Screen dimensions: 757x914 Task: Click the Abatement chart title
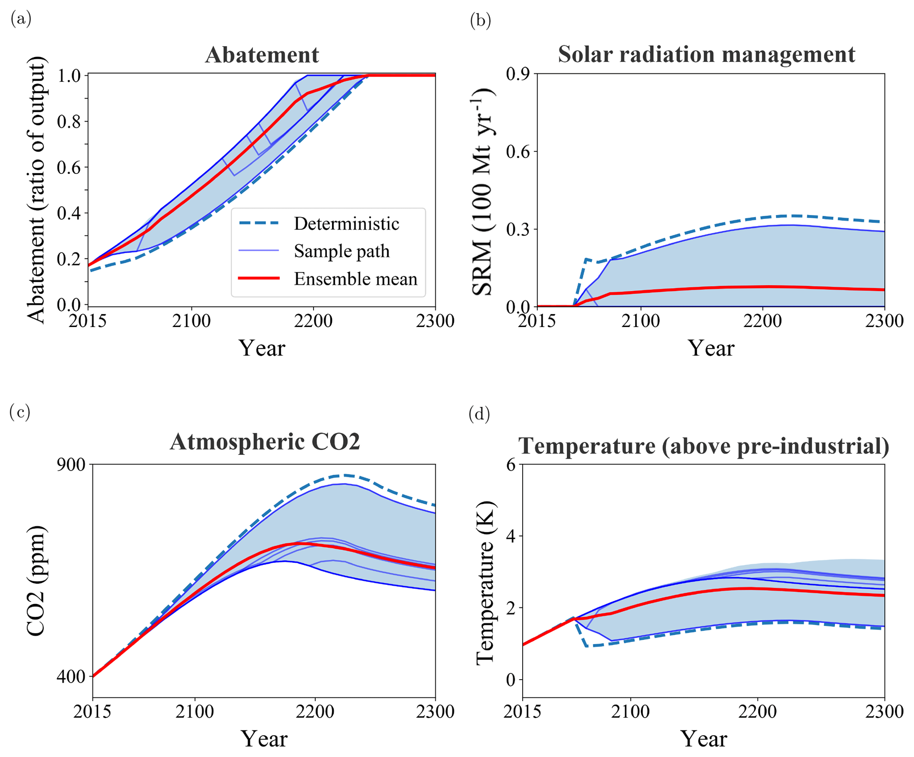[x=262, y=55]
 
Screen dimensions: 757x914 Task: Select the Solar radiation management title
[x=706, y=54]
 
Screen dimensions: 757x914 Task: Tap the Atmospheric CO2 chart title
[x=264, y=442]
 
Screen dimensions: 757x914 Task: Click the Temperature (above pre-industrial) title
[x=704, y=446]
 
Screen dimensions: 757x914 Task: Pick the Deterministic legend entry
[x=346, y=223]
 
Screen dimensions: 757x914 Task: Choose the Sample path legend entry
[x=341, y=251]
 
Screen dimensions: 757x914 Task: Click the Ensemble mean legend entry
[x=355, y=279]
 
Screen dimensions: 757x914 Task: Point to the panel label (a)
[x=21, y=19]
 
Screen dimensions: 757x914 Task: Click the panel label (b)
[x=480, y=20]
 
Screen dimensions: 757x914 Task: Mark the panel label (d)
[x=479, y=414]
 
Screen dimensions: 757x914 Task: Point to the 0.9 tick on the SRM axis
[x=519, y=73]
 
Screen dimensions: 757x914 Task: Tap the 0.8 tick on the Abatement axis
[x=69, y=122]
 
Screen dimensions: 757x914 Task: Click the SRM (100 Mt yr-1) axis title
[x=483, y=191]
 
